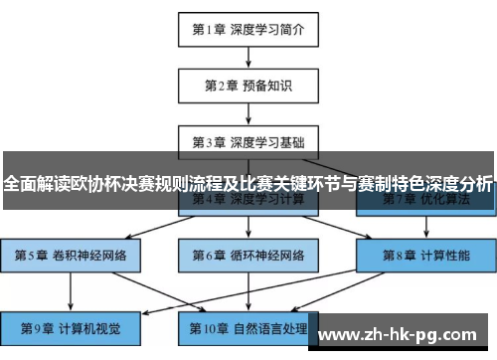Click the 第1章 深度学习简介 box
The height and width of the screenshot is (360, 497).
tap(248, 29)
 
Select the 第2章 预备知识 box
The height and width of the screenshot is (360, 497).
tap(248, 86)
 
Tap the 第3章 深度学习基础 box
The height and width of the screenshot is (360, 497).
tap(248, 141)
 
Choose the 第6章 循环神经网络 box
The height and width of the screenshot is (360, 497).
tap(248, 255)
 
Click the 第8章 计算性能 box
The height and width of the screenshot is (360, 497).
tap(425, 255)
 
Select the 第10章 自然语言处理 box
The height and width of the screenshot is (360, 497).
tap(248, 327)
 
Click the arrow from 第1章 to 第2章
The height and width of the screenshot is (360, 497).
tap(248, 57)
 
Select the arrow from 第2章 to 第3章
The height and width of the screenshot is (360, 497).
tap(248, 113)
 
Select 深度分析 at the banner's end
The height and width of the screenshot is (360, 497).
tap(458, 183)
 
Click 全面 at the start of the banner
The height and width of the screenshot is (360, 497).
tap(20, 183)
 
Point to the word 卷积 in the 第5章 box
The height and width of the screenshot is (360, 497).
tap(64, 255)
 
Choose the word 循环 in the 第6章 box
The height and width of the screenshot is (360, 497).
tap(242, 255)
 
